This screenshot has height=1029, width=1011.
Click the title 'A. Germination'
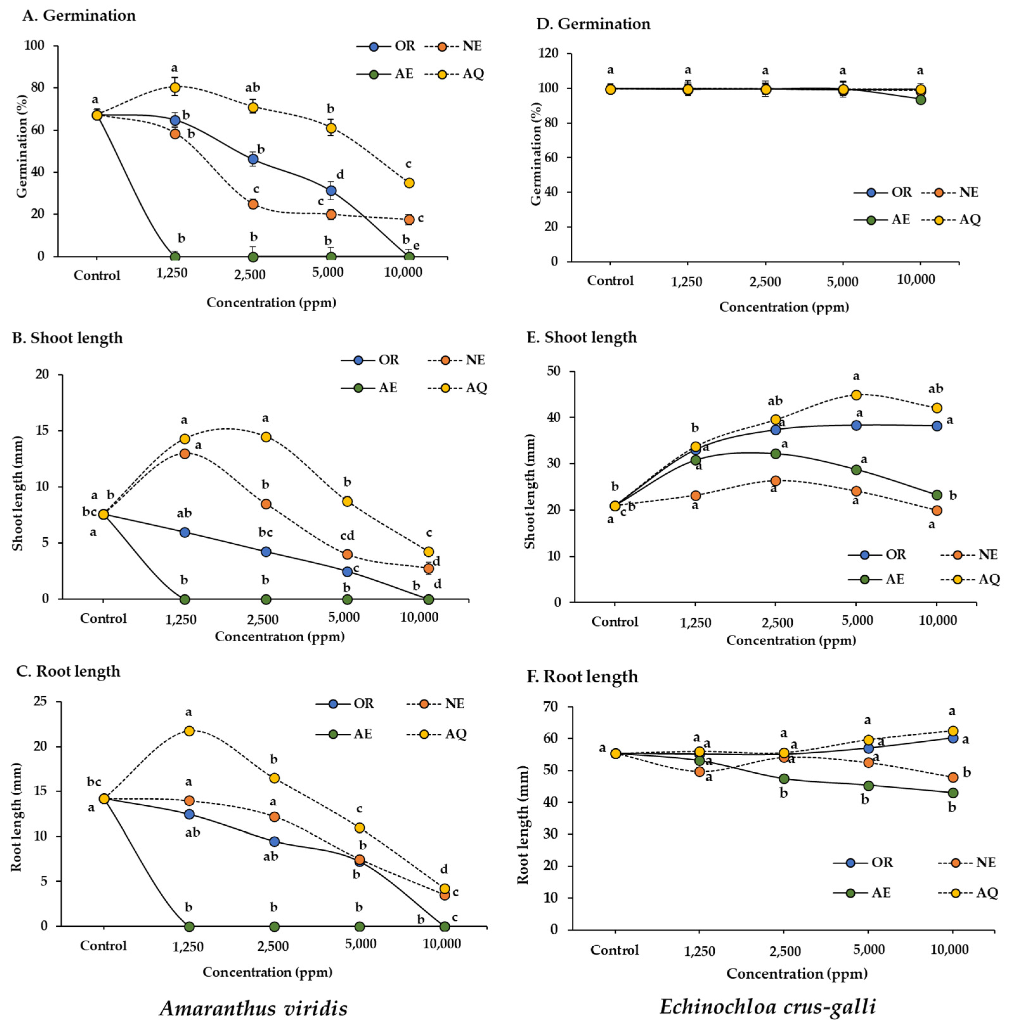79,16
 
